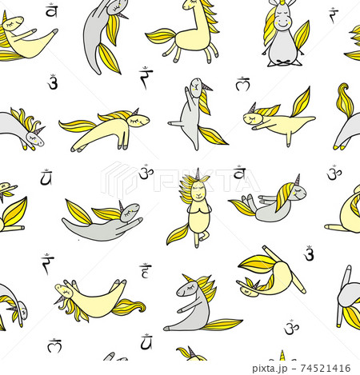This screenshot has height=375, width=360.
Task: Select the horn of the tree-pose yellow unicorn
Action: (x=197, y=174)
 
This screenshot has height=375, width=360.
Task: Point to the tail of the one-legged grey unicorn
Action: (x=213, y=134)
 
